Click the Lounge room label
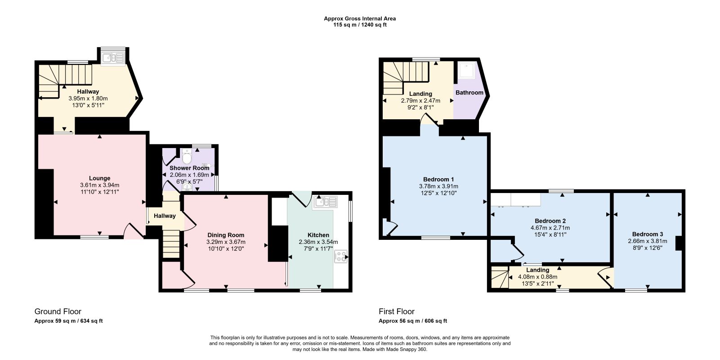tap(100, 178)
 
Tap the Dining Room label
tap(226, 235)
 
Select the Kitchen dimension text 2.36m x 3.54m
tap(318, 242)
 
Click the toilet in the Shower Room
tap(187, 156)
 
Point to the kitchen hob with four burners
tap(341, 256)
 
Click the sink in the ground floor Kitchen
tap(325, 202)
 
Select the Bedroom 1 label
tap(438, 180)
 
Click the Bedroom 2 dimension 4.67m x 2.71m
tap(550, 228)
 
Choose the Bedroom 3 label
tap(647, 234)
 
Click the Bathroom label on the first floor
tap(470, 93)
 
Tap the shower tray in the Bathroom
tap(466, 71)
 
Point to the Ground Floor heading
tap(58, 311)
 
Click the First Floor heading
tap(397, 311)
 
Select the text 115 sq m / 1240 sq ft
tap(360, 25)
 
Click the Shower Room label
tap(189, 168)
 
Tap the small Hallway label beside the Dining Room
tap(165, 216)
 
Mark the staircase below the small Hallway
tap(171, 244)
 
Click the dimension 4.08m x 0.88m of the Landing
tap(537, 277)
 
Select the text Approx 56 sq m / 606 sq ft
tap(413, 321)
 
